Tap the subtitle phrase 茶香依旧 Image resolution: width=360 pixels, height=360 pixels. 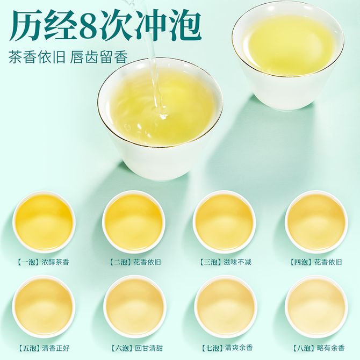(x=37, y=57)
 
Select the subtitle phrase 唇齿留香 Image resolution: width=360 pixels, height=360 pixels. (x=99, y=57)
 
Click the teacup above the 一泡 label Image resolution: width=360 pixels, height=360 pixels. (x=44, y=222)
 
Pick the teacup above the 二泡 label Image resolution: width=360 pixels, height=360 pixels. (x=134, y=222)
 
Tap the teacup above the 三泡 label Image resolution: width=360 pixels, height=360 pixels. (x=224, y=222)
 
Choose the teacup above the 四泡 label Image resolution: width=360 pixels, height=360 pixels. (x=316, y=222)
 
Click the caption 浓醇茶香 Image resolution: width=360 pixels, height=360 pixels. (x=55, y=262)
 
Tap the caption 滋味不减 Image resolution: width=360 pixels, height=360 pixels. (x=237, y=262)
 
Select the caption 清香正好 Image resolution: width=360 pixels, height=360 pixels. (x=56, y=348)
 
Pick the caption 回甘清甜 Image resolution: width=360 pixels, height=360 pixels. (x=149, y=348)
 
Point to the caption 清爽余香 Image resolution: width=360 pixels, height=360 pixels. (x=239, y=348)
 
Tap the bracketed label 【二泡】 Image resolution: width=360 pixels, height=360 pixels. (x=121, y=262)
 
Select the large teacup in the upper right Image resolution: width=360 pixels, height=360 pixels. (x=288, y=55)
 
